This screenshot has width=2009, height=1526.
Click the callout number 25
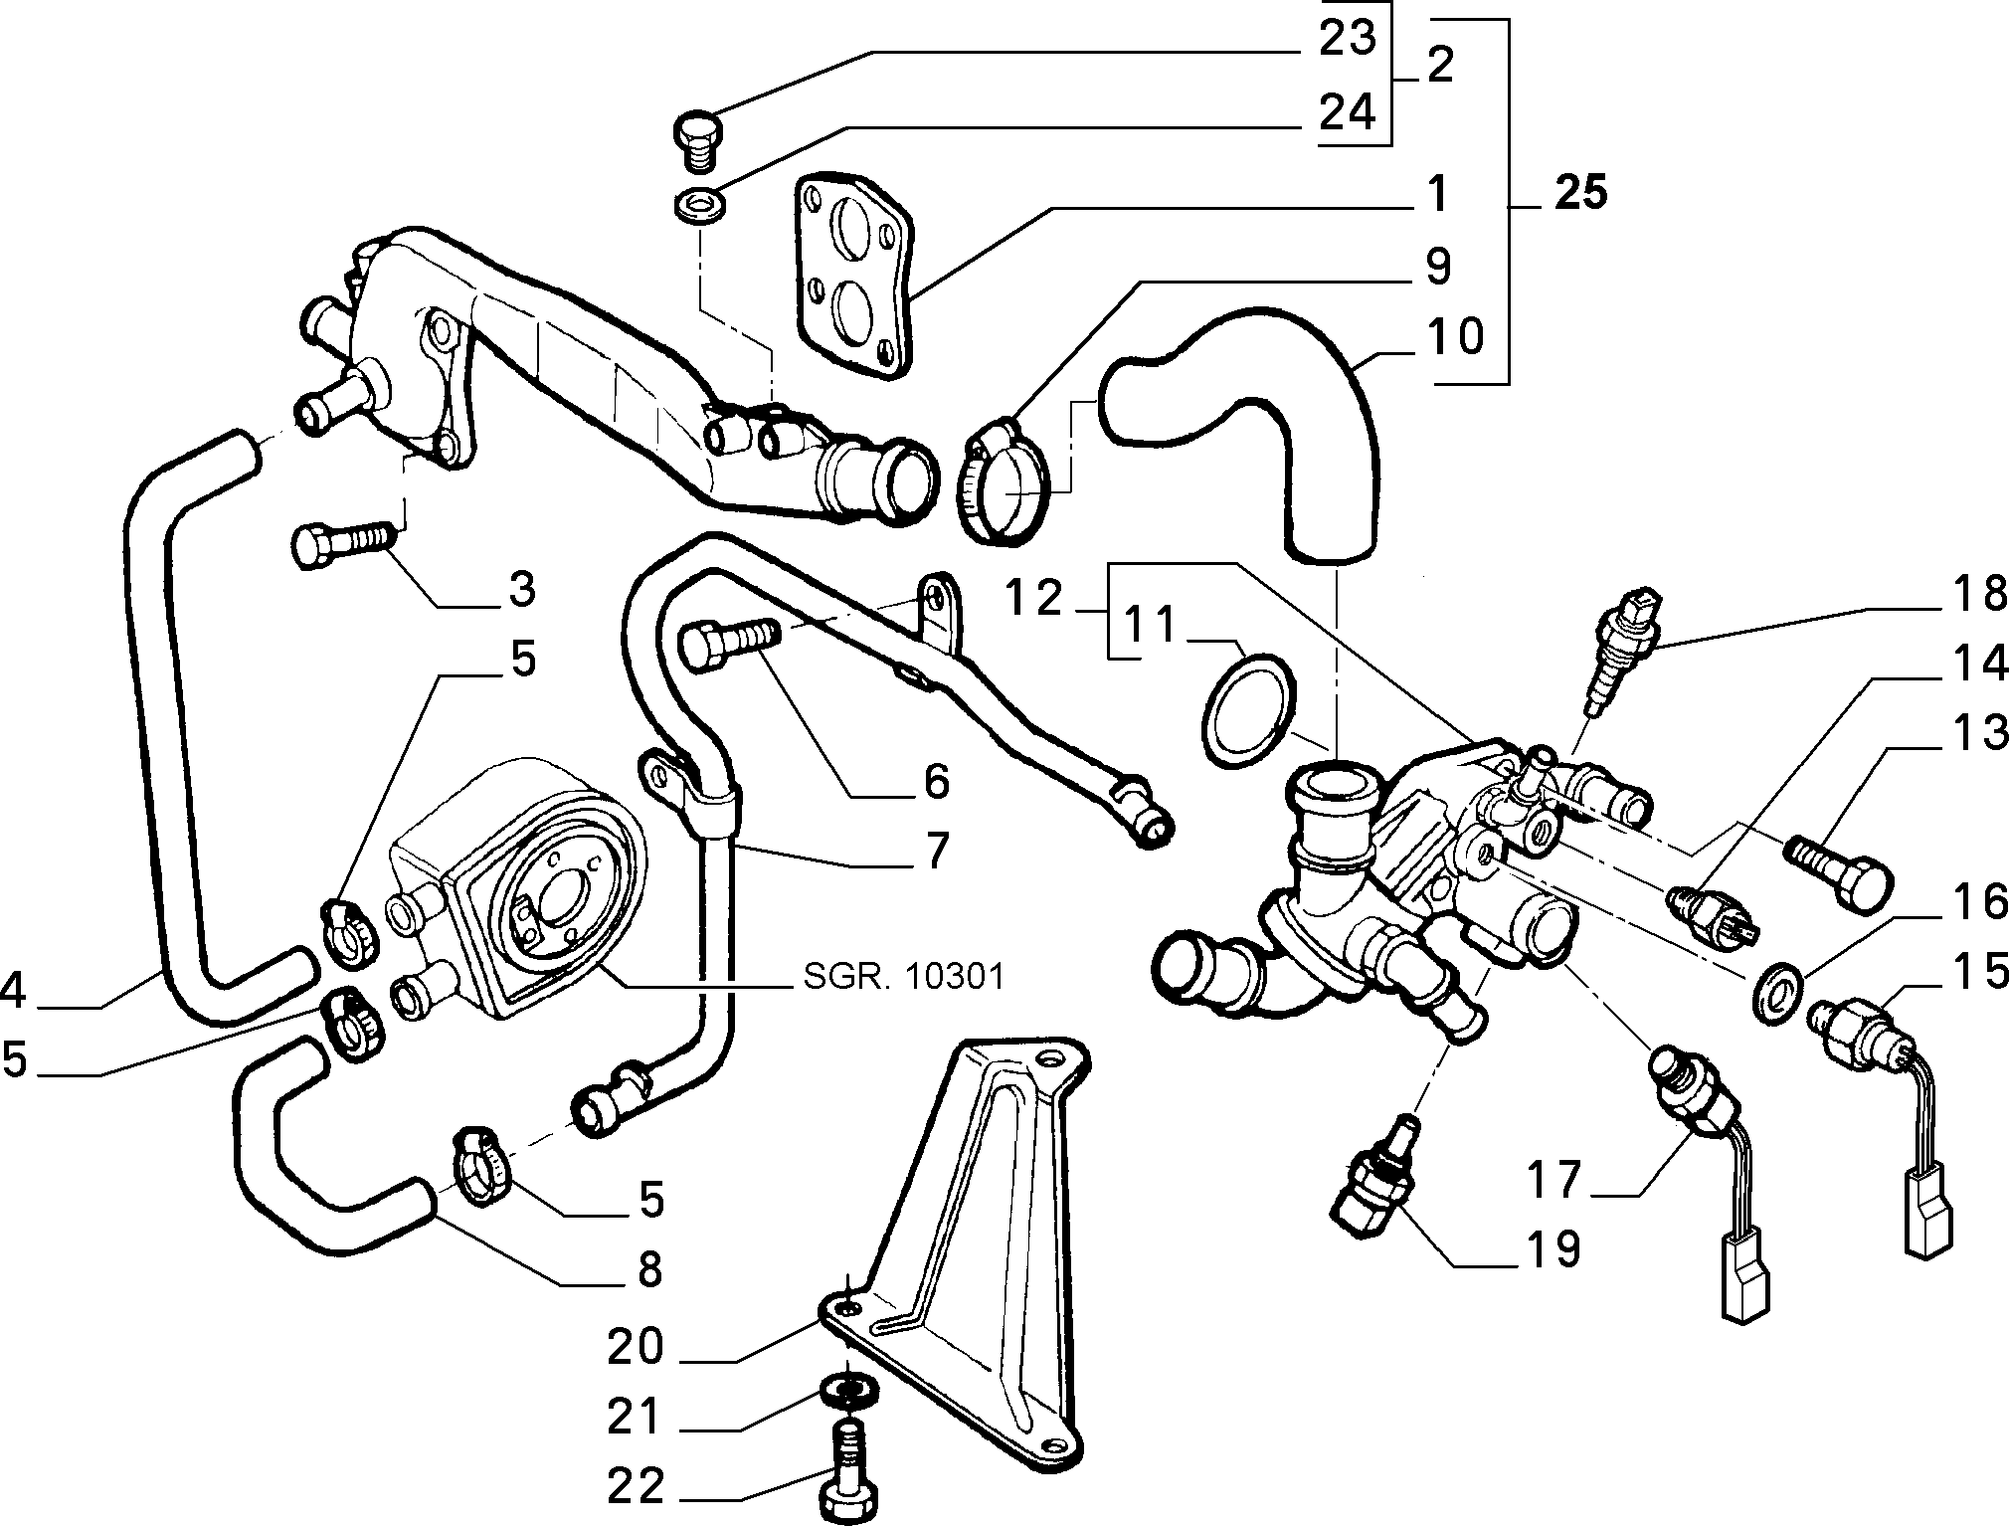coord(1580,191)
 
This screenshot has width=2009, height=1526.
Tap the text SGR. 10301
coord(903,976)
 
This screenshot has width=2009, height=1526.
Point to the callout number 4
coord(12,990)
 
